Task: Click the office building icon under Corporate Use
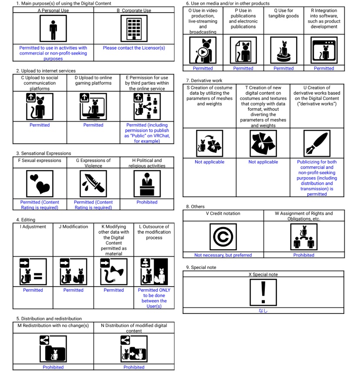(x=134, y=29)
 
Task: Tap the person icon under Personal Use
(x=53, y=29)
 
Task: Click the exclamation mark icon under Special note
(x=263, y=292)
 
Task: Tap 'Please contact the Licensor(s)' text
(x=134, y=48)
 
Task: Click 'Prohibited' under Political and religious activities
(x=147, y=202)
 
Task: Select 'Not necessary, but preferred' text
(x=223, y=255)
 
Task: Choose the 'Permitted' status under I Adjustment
(x=33, y=290)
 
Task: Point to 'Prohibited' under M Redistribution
(x=53, y=367)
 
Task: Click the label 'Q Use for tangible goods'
(x=283, y=13)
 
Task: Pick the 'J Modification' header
(x=73, y=227)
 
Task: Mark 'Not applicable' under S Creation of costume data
(x=210, y=162)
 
